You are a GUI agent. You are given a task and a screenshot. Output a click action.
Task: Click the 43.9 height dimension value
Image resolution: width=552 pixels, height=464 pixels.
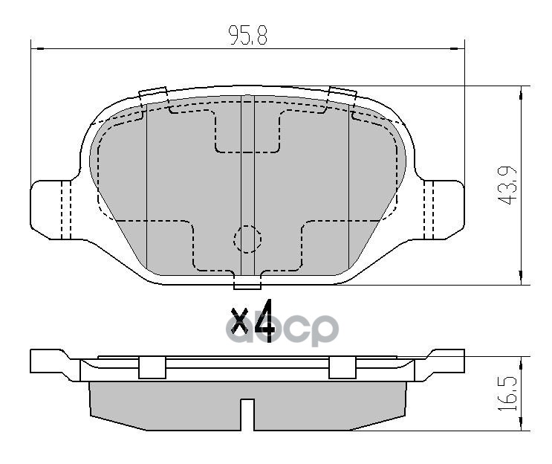point(510,184)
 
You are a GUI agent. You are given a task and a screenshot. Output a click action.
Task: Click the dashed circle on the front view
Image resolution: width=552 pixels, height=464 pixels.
point(247,239)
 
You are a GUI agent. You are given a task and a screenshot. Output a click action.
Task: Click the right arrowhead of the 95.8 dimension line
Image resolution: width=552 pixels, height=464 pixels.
point(458,49)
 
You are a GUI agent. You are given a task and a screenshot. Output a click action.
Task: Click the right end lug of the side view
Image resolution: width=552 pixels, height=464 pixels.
point(443,364)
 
